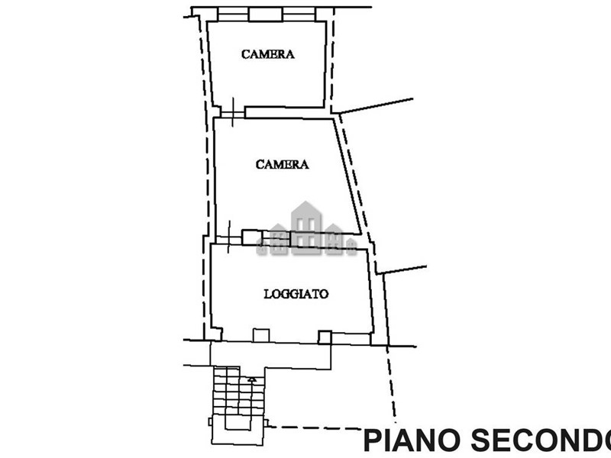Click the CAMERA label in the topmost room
click(268, 54)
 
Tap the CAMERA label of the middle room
click(282, 164)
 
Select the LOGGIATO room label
click(296, 294)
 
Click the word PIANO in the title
click(411, 440)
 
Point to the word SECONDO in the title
click(541, 440)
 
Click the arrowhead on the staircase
click(252, 379)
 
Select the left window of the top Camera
click(233, 15)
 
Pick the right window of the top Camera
click(299, 15)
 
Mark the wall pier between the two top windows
click(265, 15)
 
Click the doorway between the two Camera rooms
click(233, 112)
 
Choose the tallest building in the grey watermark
click(306, 227)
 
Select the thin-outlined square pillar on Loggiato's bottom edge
click(261, 336)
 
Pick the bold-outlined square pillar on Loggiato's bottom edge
click(325, 337)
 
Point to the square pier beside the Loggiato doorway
click(252, 237)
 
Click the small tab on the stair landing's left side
click(211, 422)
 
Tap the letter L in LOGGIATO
click(267, 294)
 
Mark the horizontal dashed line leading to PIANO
click(315, 428)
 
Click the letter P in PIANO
click(372, 440)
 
